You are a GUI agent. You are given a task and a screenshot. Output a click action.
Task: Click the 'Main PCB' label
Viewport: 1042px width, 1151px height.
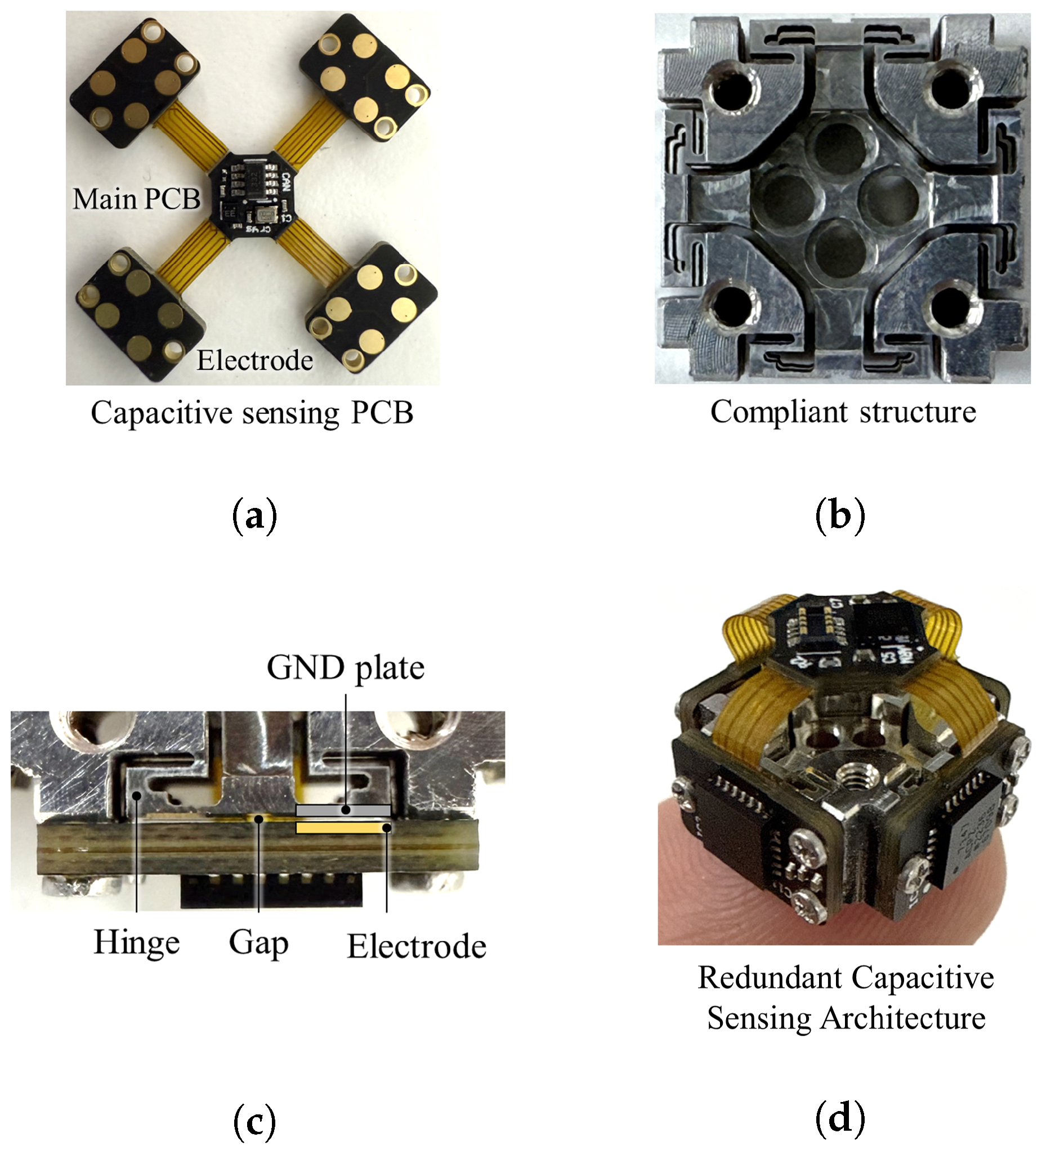coord(136,199)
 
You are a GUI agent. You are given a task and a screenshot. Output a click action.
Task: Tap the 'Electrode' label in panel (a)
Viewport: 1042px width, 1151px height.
coord(254,360)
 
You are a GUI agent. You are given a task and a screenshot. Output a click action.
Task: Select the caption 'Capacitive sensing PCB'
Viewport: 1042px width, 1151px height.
coord(252,413)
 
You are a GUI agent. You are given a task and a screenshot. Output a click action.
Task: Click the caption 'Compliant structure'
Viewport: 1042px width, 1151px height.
coord(843,412)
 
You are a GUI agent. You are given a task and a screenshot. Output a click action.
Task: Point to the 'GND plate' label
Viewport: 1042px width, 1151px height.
coord(345,667)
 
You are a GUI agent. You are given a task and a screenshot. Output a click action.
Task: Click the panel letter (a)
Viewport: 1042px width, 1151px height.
coord(254,516)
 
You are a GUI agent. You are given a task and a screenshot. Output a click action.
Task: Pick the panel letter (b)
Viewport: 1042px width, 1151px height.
coord(840,516)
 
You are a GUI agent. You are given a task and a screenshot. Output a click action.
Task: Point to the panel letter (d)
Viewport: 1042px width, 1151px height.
coord(840,1118)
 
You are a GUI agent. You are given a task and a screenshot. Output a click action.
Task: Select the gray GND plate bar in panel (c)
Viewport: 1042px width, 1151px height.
coord(342,810)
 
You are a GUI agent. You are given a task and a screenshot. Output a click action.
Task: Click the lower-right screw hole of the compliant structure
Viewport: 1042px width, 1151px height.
coord(951,309)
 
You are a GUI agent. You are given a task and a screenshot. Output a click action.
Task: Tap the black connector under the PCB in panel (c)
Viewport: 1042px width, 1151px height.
coord(272,891)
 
